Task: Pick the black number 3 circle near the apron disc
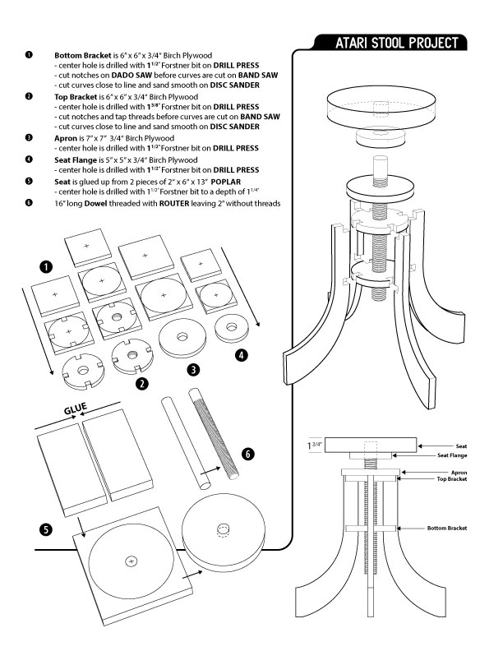point(192,369)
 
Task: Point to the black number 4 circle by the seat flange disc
point(240,356)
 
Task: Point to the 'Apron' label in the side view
point(459,473)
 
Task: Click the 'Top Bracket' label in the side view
point(452,479)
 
